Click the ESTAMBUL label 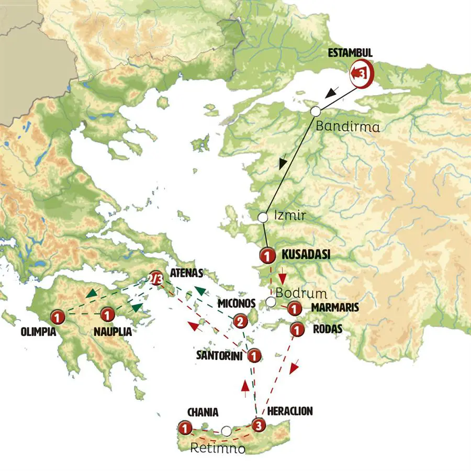[350, 53]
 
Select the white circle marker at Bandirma [315, 111]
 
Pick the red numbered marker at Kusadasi [267, 256]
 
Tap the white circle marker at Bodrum [271, 302]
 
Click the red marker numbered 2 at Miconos [240, 321]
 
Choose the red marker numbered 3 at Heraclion [257, 425]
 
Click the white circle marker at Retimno [226, 431]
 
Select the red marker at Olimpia [57, 316]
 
